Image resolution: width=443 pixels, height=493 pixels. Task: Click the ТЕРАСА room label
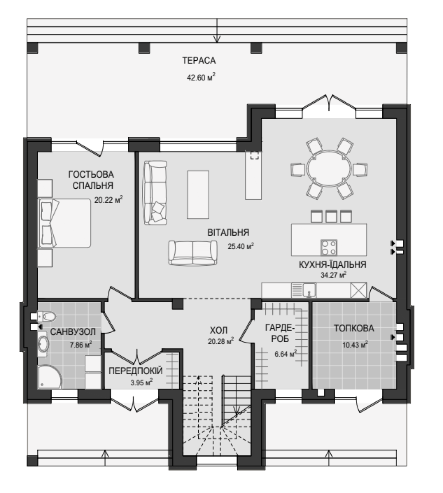[x=199, y=60]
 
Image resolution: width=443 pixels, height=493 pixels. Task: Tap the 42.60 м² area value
[x=201, y=77]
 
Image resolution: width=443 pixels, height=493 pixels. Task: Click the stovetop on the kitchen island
[x=329, y=247]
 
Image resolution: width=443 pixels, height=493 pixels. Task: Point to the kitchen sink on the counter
[x=309, y=290]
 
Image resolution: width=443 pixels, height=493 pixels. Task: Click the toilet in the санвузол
[x=46, y=315]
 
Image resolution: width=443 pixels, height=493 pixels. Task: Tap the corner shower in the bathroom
[x=49, y=377]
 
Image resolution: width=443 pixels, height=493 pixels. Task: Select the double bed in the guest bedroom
[x=64, y=223]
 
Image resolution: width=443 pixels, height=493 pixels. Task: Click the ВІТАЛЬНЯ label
[x=228, y=233]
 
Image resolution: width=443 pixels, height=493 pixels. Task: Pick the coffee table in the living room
[x=198, y=194]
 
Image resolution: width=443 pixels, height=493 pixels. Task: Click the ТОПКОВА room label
[x=354, y=328]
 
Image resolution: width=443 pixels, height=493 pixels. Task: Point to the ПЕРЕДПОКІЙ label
[x=136, y=371]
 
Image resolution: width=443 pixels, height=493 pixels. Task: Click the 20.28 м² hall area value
[x=221, y=341]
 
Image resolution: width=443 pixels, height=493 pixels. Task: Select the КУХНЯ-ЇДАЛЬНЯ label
[x=333, y=264]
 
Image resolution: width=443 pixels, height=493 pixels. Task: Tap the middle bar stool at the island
[x=331, y=216]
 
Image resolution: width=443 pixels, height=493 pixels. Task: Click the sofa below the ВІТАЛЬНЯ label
[x=193, y=252]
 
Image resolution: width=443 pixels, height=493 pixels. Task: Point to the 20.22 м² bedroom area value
[x=109, y=199]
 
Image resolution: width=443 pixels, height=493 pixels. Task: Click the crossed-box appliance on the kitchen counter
[x=359, y=290]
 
